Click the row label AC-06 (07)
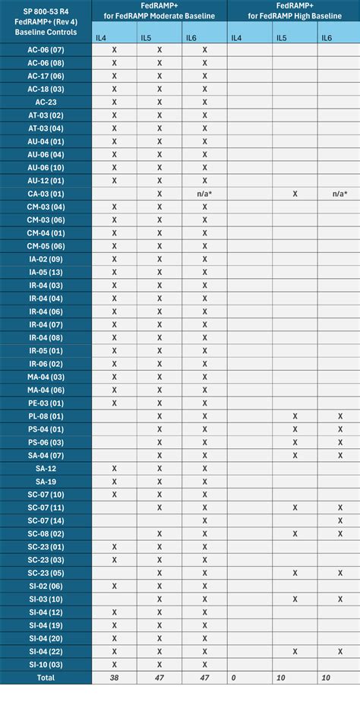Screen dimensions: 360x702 click(46, 49)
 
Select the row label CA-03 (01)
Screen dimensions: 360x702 click(46, 193)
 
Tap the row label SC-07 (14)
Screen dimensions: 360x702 click(46, 520)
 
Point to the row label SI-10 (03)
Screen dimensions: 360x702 click(46, 663)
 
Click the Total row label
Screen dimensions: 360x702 click(46, 677)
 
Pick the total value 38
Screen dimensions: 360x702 click(114, 677)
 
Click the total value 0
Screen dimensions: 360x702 click(234, 677)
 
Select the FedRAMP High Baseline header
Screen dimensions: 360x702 click(294, 11)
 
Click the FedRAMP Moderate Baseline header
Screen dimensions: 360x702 click(159, 11)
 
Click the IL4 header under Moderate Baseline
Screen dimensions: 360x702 click(101, 36)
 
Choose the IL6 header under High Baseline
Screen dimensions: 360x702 click(327, 36)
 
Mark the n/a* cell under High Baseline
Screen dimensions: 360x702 click(340, 194)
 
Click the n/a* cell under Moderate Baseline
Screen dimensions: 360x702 click(204, 194)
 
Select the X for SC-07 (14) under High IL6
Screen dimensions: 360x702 click(340, 520)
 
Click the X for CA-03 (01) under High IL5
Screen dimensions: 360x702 click(295, 194)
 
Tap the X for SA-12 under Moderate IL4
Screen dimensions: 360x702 click(114, 468)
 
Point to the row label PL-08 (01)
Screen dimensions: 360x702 click(46, 416)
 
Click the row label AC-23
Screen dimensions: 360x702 click(46, 102)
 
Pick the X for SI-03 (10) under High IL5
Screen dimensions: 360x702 click(295, 598)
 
